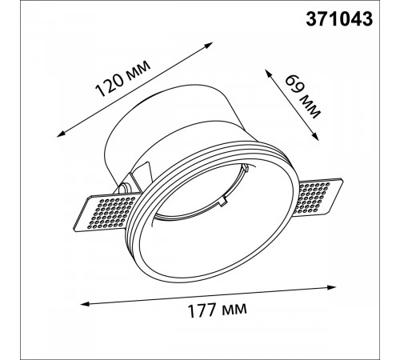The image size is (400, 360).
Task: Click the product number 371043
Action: (x=339, y=19)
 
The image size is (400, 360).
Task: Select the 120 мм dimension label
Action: (x=122, y=78)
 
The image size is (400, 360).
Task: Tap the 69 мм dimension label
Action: (x=302, y=97)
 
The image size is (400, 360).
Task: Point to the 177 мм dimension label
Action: (x=218, y=310)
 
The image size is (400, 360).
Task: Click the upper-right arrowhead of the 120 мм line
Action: (x=210, y=44)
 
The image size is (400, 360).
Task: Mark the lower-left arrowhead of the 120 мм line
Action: (x=60, y=134)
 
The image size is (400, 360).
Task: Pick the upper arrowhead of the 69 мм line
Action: (x=267, y=73)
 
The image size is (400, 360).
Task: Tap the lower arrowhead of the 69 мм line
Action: (x=316, y=137)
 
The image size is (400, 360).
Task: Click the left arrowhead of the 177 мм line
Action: (x=84, y=303)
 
